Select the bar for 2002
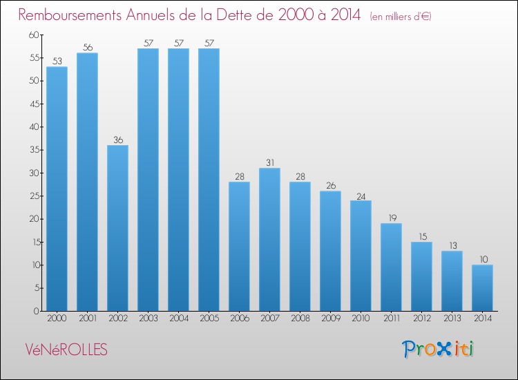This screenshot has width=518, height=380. tap(118, 228)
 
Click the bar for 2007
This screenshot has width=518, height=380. tap(270, 240)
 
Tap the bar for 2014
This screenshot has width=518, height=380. tap(483, 288)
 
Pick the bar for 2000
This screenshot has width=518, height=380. tap(57, 189)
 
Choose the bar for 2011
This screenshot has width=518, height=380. tap(392, 267)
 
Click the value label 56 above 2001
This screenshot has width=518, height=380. tap(88, 48)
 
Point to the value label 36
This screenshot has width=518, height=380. tap(118, 140)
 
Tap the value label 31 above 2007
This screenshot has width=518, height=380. tap(270, 162)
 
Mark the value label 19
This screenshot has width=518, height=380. tap(392, 218)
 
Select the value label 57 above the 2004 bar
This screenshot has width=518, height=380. tap(179, 43)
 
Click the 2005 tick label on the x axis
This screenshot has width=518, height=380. tap(209, 319)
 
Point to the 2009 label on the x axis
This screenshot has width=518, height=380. tap(331, 319)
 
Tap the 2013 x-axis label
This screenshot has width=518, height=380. tap(452, 319)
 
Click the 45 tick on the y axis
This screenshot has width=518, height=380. tap(35, 104)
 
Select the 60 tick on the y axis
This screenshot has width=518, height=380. tap(35, 35)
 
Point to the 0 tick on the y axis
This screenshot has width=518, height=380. tap(37, 311)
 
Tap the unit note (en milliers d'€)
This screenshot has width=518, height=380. tap(401, 16)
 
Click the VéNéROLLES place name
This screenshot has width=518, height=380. tap(66, 350)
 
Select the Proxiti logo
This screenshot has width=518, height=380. tap(438, 349)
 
